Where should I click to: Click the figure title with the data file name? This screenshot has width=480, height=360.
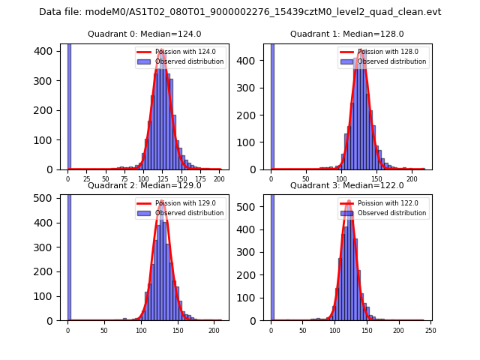pos(240,12)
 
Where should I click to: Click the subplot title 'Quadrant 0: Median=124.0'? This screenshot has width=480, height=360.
pos(145,34)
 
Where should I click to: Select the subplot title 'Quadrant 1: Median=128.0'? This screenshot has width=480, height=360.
pos(347,34)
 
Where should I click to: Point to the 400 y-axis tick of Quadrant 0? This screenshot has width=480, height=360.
pos(47,51)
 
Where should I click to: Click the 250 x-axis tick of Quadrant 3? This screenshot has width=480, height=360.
pos(430,329)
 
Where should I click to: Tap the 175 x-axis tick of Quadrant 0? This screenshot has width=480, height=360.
pos(200,178)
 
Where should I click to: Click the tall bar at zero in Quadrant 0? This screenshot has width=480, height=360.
pos(69,105)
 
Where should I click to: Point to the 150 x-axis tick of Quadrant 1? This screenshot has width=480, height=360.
pos(376,178)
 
